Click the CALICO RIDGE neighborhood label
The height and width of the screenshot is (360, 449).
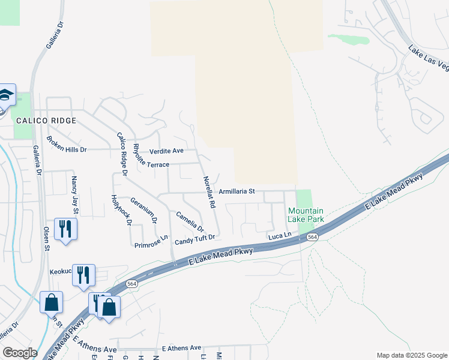pos(46,121)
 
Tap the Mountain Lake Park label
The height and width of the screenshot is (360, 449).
pos(306,215)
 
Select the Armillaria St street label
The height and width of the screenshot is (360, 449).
pos(237,191)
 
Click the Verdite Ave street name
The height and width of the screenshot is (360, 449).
pos(166,151)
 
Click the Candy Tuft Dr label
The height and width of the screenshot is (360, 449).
pos(194,241)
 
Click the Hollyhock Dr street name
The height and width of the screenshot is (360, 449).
pos(121,211)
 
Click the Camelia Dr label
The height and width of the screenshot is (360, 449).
pos(190,222)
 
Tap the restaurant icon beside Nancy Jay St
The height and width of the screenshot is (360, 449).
pos(65,229)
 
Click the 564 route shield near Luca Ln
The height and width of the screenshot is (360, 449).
pos(312,238)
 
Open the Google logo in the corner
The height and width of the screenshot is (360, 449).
pos(20,353)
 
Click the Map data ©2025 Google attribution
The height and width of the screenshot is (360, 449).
pos(411,355)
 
